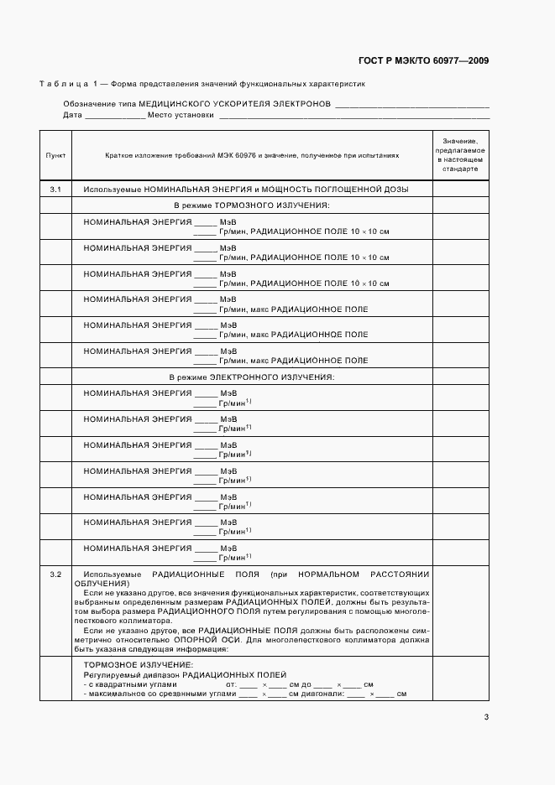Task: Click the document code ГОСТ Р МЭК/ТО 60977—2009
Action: [x=423, y=61]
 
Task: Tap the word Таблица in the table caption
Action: [x=65, y=85]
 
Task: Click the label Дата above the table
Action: [x=72, y=115]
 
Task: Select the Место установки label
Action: [x=181, y=115]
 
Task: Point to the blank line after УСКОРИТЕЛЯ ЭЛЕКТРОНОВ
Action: [x=411, y=105]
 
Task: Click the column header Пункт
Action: [x=55, y=155]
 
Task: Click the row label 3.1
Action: [x=55, y=190]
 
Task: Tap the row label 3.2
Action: [x=55, y=574]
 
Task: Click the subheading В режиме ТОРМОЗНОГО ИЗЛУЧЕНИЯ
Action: [x=251, y=205]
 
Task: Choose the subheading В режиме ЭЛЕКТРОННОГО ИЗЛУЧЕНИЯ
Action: [x=252, y=377]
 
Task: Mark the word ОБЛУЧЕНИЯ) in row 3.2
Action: [x=102, y=583]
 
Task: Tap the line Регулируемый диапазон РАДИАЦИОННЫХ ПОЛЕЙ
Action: [x=185, y=674]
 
